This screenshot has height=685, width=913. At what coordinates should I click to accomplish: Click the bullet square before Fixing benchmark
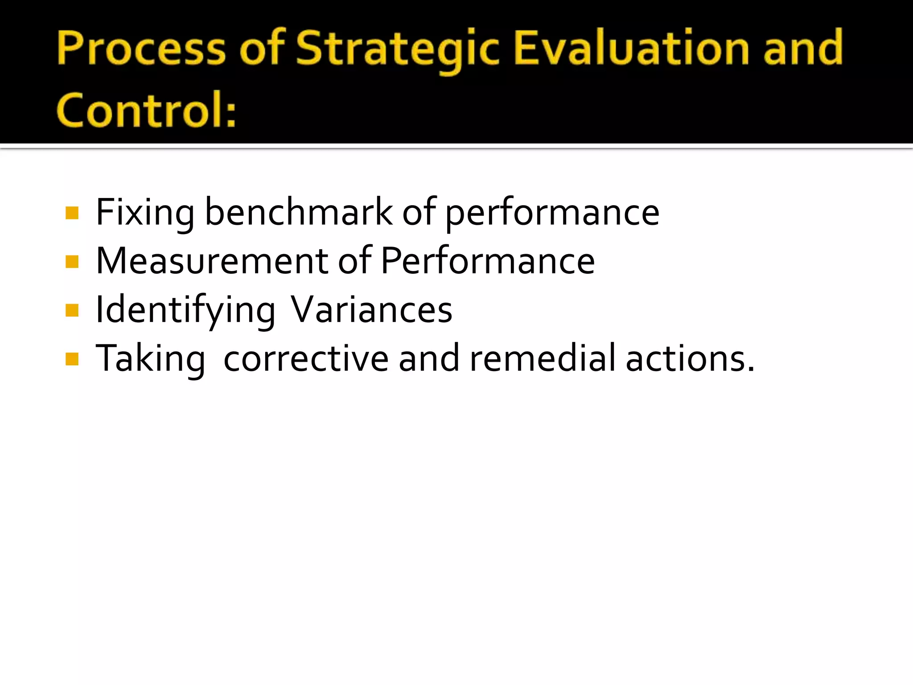(72, 213)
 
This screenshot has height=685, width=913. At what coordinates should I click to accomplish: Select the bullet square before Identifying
(72, 310)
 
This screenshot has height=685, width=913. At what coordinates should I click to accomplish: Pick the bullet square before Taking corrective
(72, 359)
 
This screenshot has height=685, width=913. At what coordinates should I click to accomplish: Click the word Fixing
(145, 213)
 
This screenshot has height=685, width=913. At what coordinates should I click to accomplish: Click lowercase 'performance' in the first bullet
(552, 213)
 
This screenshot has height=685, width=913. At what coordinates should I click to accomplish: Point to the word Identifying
(185, 310)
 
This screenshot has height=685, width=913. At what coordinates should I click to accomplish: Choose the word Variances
(371, 310)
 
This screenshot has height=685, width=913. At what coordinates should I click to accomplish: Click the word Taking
(150, 359)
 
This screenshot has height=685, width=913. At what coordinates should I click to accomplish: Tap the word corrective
(306, 359)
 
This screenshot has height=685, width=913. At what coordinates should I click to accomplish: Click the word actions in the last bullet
(687, 359)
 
